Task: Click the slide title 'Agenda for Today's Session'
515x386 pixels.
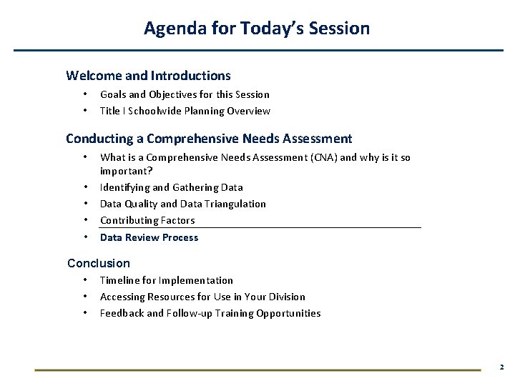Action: tap(257, 29)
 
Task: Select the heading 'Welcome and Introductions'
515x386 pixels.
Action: tap(148, 75)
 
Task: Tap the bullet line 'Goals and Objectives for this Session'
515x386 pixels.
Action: tap(185, 94)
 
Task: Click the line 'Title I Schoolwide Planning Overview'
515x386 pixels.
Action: tap(185, 111)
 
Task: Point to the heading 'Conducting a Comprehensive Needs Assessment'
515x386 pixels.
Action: tap(209, 139)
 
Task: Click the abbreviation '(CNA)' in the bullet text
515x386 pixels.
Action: tap(318, 157)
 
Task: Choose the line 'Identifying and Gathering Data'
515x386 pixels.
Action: tap(171, 187)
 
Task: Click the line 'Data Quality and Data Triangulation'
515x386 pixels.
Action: tap(182, 204)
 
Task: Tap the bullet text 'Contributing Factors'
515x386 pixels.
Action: tap(147, 220)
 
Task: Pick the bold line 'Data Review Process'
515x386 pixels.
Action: tap(149, 237)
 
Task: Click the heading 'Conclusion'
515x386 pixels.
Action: tap(99, 263)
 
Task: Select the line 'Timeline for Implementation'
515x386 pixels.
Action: tap(166, 280)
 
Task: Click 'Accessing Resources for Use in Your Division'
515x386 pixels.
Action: tap(202, 297)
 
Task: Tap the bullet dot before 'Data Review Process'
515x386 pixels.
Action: tap(85, 237)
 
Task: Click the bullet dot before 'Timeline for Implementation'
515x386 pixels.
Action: tap(85, 279)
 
